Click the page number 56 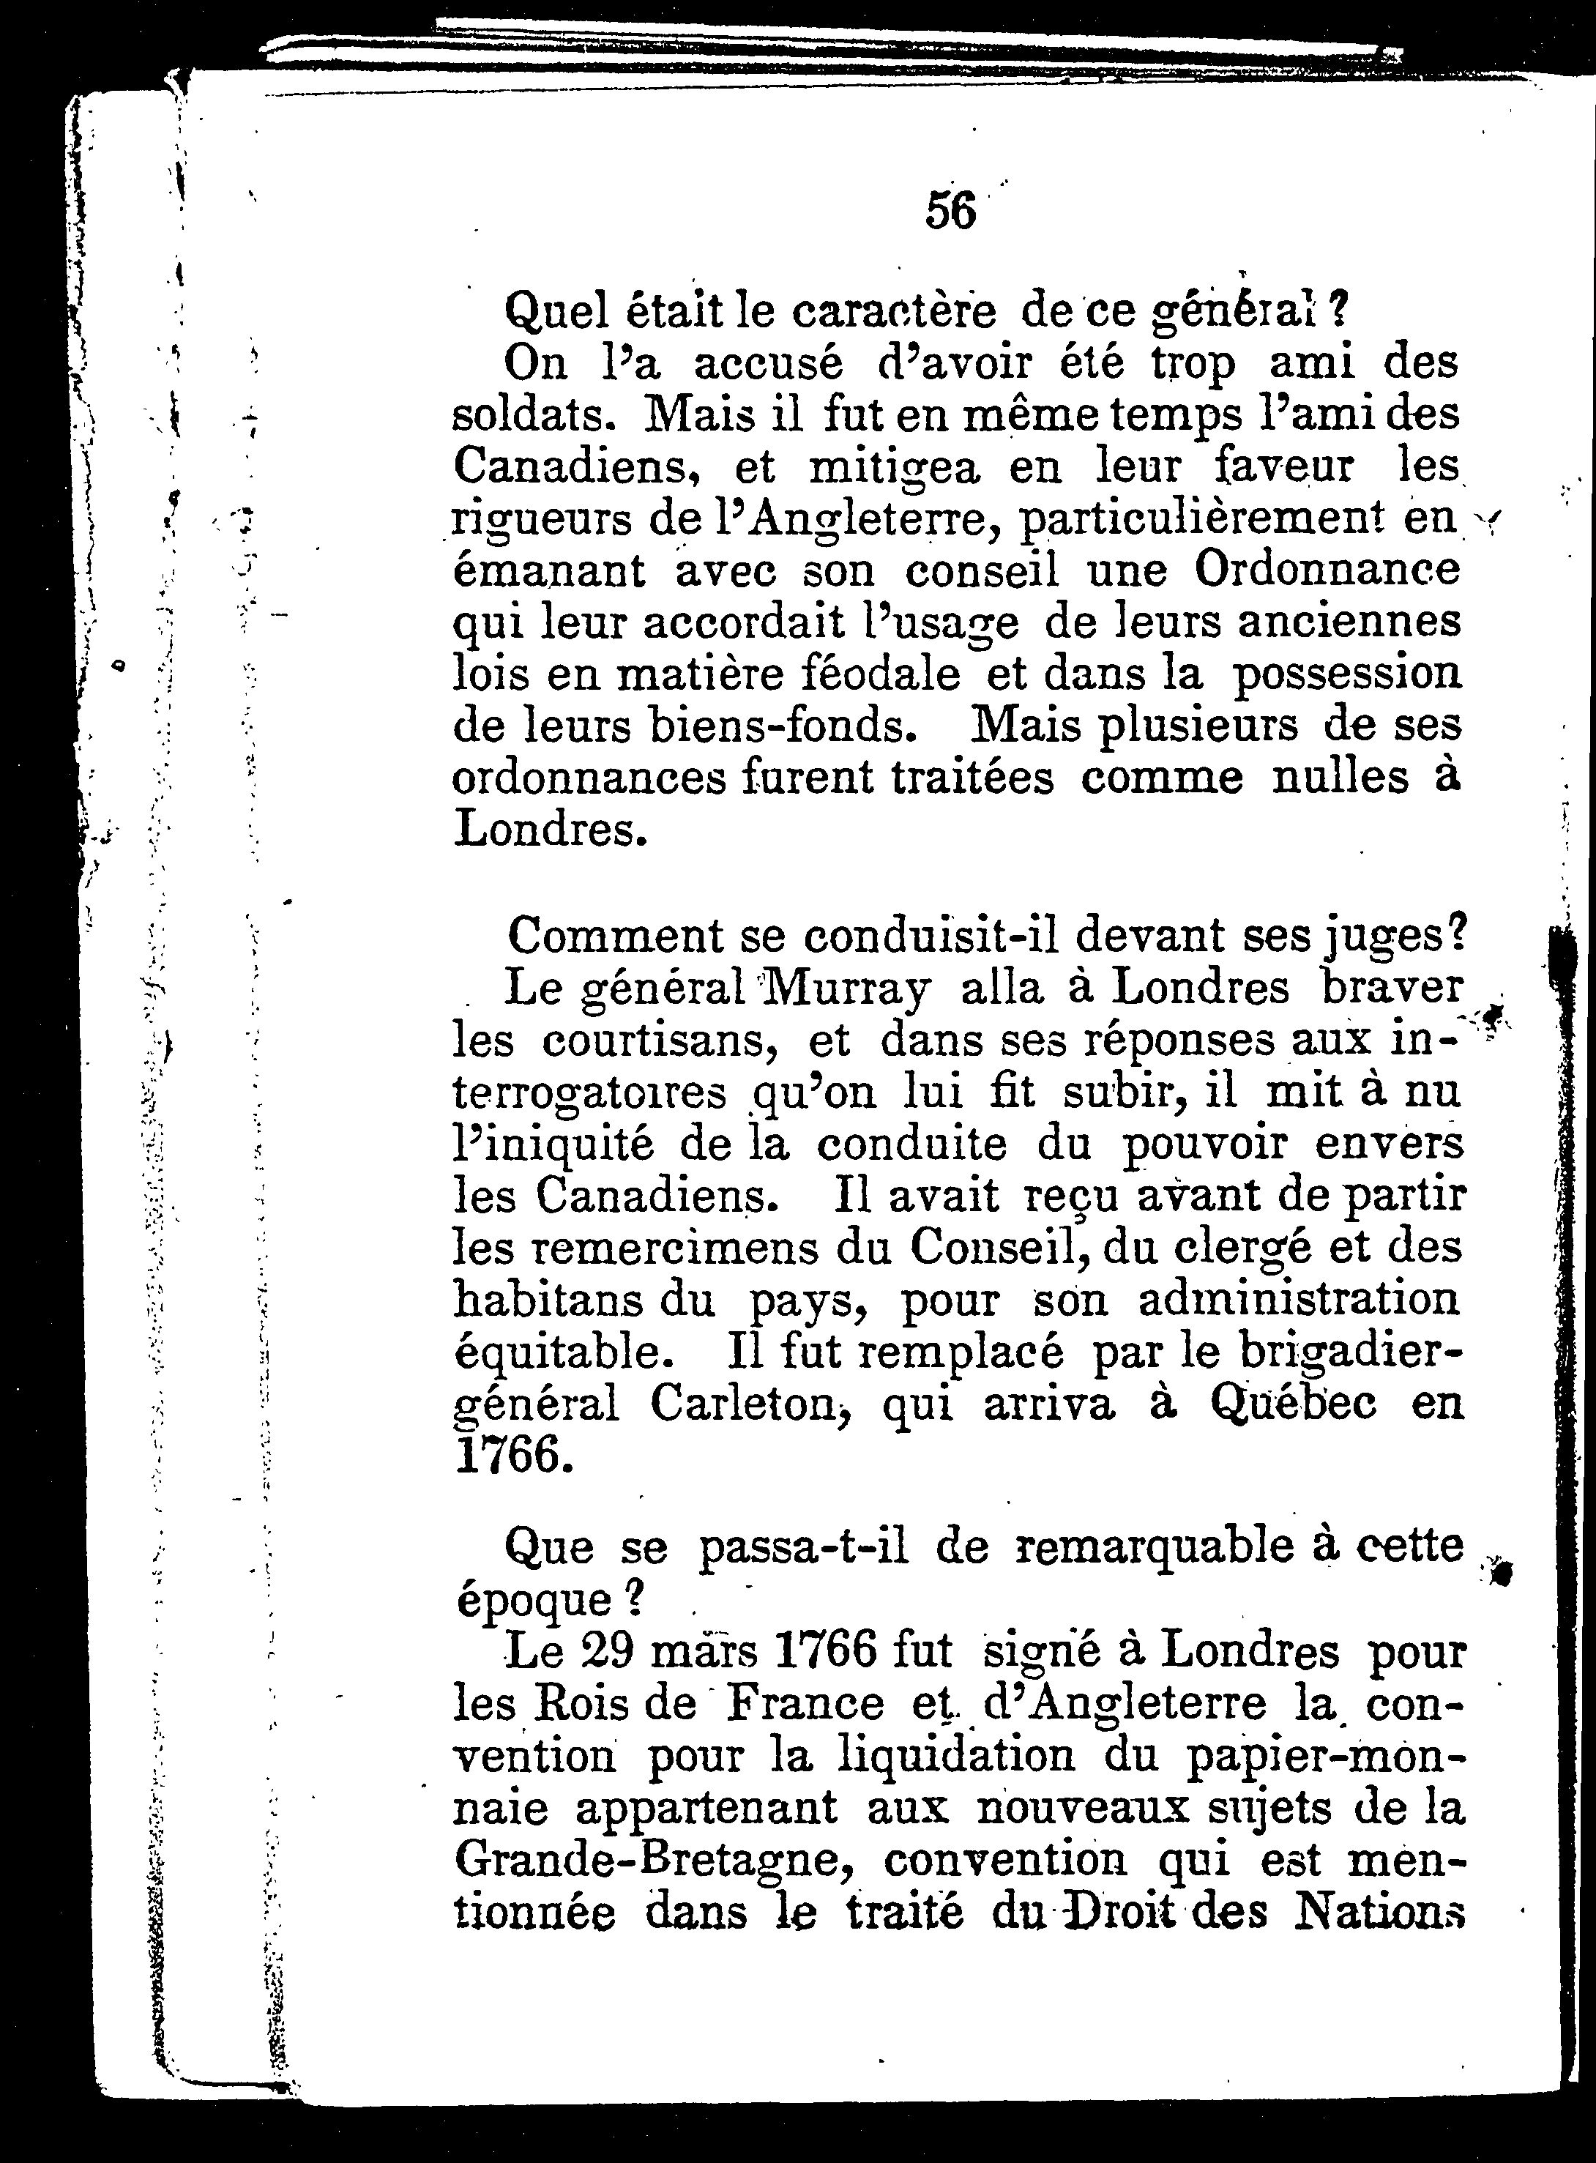tap(950, 211)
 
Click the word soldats tap(533, 414)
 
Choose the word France tap(804, 1703)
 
